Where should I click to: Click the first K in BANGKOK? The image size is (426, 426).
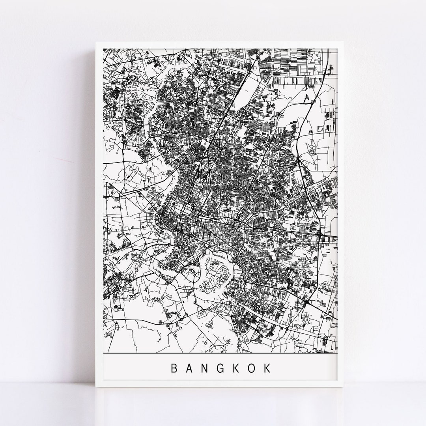point(237,368)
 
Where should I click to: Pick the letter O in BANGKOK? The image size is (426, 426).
point(252,368)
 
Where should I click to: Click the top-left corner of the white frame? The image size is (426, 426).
point(96,41)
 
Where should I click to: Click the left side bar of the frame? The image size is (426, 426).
point(99,213)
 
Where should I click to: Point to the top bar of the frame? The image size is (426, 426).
point(221,45)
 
